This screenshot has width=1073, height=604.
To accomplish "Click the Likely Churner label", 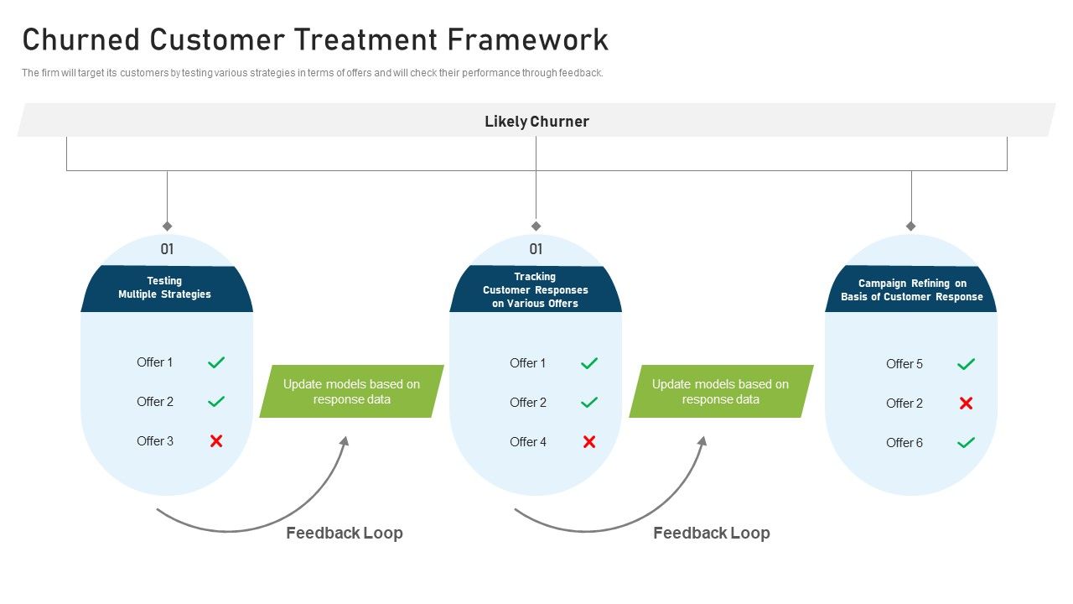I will pos(536,122).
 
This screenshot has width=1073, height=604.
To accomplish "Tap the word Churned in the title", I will pos(81,39).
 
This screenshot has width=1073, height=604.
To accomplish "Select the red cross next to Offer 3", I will pos(216,440).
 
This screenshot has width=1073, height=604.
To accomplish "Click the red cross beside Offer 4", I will pos(589,441).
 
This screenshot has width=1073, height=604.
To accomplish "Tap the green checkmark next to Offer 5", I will pos(966,364).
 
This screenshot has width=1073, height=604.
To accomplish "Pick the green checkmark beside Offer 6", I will pos(966,443).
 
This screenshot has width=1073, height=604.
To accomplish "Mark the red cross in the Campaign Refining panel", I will pos(966,404).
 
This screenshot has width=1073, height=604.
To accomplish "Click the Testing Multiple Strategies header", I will pos(165,288).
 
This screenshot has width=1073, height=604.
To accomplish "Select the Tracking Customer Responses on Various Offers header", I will pos(536,289).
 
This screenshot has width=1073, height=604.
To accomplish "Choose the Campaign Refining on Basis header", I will pos(912,290).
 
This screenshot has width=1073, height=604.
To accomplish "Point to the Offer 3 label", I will pos(155,441).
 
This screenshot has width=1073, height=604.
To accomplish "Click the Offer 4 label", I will pos(528,442).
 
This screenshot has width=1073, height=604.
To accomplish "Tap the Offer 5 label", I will pos(905,364).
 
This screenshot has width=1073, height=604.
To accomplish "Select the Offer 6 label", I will pos(905,443).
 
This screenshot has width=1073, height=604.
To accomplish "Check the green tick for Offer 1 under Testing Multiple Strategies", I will pos(216,362).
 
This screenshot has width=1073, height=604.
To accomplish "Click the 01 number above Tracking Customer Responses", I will pos(536,249).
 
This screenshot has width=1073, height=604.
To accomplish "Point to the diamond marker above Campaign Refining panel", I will pos(911,226).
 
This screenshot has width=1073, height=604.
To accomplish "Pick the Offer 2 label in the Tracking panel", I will pos(528,403).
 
